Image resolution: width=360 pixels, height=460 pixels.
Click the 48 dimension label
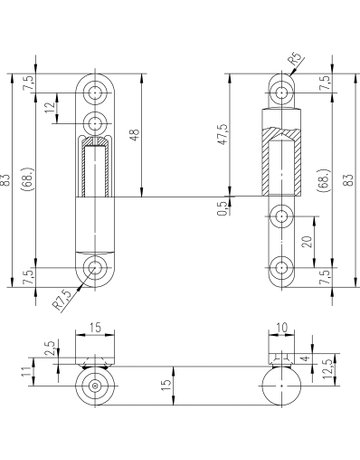tap(135, 135)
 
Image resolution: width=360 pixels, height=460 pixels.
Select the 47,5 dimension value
tap(223, 134)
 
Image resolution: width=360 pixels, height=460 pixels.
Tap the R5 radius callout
tap(296, 59)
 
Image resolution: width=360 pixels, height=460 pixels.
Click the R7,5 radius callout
tap(62, 300)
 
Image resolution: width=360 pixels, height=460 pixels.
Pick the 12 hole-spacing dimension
tap(50, 107)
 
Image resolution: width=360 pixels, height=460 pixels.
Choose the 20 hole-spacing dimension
tap(308, 241)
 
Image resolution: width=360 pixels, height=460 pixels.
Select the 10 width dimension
tap(282, 328)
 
